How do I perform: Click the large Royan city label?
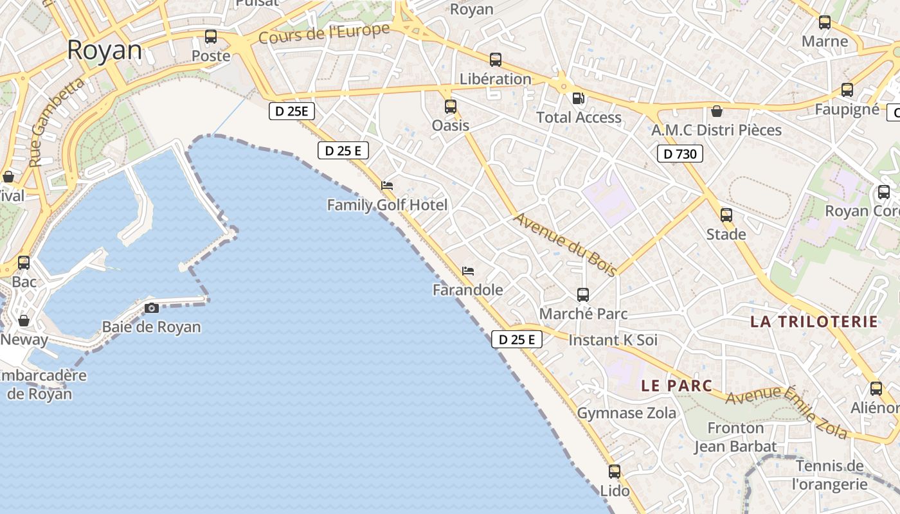pyautogui.click(x=104, y=50)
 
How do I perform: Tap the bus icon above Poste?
pyautogui.click(x=211, y=37)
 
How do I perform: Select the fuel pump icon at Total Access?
pyautogui.click(x=579, y=98)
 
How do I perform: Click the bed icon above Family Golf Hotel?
pyautogui.click(x=387, y=186)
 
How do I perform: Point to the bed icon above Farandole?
pyautogui.click(x=468, y=271)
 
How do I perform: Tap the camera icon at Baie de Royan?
pyautogui.click(x=152, y=308)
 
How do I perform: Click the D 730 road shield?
pyautogui.click(x=680, y=154)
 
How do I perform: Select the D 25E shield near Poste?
pyautogui.click(x=292, y=111)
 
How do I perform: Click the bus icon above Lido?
pyautogui.click(x=615, y=472)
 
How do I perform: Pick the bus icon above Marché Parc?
pyautogui.click(x=583, y=295)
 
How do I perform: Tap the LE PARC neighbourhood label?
pyautogui.click(x=677, y=385)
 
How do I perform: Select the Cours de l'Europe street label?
pyautogui.click(x=324, y=33)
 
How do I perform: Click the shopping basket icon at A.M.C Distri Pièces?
pyautogui.click(x=717, y=111)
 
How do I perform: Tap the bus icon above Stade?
pyautogui.click(x=726, y=215)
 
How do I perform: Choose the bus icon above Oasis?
pyautogui.click(x=451, y=107)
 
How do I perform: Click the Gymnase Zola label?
pyautogui.click(x=627, y=413)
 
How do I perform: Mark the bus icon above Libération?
pyautogui.click(x=496, y=60)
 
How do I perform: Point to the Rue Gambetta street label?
pyautogui.click(x=57, y=121)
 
